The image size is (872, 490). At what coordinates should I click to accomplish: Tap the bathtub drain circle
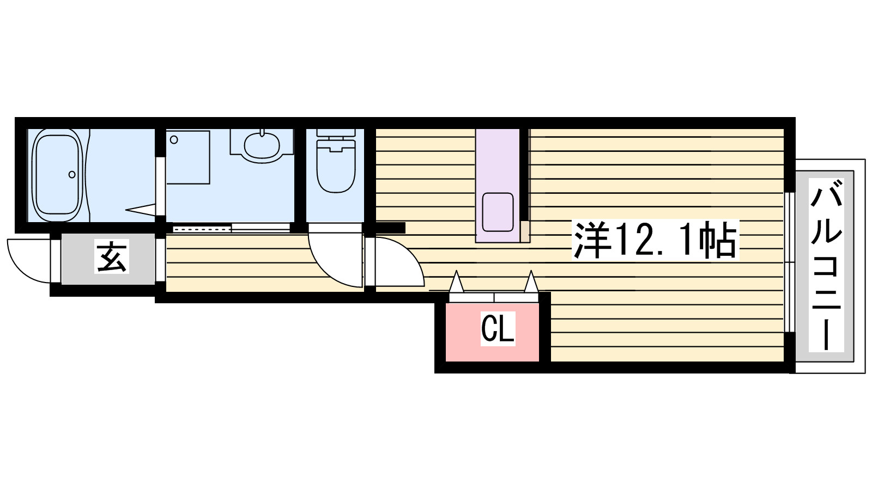[x=72, y=175]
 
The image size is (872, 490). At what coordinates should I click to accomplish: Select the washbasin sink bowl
[x=262, y=145]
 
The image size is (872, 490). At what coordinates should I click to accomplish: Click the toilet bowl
[x=336, y=167]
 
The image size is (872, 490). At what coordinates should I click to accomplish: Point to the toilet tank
[x=336, y=133]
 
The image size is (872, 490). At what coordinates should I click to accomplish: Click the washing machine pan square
[x=189, y=157]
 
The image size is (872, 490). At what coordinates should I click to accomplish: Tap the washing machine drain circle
[x=174, y=139]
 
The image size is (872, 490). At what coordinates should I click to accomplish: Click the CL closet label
[x=498, y=329]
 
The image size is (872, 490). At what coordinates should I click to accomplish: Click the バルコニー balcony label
[x=826, y=265]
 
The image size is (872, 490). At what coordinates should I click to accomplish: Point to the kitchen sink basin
[x=498, y=212]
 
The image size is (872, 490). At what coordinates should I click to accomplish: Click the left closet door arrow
[x=456, y=281]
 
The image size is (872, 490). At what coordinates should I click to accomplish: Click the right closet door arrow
[x=531, y=281]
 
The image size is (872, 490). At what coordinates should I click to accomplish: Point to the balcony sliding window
[x=789, y=262]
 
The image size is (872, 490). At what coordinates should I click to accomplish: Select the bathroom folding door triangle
[x=141, y=209]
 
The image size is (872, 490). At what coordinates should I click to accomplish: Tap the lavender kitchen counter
[x=498, y=186]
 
